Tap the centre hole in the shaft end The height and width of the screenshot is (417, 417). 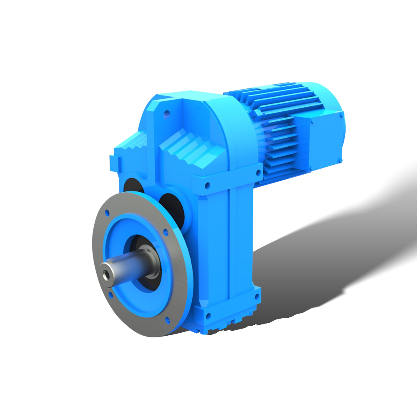(108, 275)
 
